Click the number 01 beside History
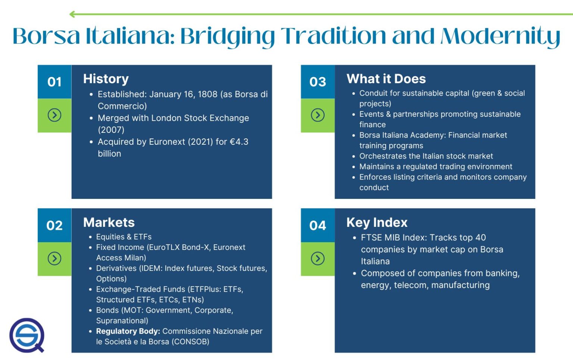point(54,82)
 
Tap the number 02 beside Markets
point(54,225)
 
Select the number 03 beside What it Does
point(317,82)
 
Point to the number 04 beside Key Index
point(317,225)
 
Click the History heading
point(106,79)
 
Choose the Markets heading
point(109,222)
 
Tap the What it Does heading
point(386,79)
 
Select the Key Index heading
point(377,222)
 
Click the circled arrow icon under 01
point(54,115)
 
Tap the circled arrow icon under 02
point(54,259)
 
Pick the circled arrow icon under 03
point(317,115)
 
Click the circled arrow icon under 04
point(317,259)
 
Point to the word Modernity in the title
point(500,36)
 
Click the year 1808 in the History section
point(207,94)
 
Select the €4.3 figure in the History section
point(239,142)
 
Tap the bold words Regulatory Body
point(128,331)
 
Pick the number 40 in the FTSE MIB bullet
point(480,238)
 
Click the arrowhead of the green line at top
point(72,15)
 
